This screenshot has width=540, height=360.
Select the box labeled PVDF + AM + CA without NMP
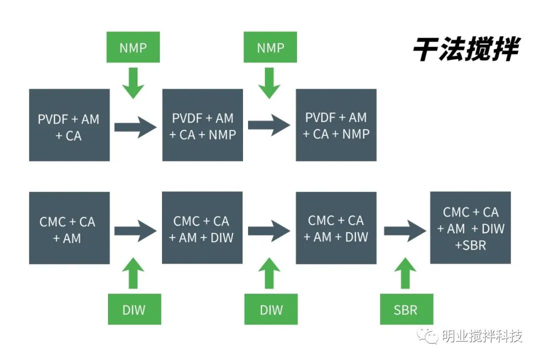(69, 125)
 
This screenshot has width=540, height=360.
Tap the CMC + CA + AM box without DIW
(69, 228)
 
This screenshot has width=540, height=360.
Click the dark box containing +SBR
(470, 227)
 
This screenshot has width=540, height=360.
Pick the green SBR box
(405, 309)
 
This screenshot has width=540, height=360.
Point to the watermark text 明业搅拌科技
(482, 335)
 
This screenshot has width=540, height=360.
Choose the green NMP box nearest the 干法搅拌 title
(270, 48)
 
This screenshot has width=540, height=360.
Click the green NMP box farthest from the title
(133, 48)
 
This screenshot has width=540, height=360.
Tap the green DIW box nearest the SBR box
(271, 309)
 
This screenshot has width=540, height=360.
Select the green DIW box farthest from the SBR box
(134, 309)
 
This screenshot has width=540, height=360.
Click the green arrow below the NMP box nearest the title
(270, 82)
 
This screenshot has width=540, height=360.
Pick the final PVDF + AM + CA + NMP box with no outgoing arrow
(336, 125)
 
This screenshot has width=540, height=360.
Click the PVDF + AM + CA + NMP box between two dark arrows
(202, 125)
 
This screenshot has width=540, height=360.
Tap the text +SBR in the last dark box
(470, 245)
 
